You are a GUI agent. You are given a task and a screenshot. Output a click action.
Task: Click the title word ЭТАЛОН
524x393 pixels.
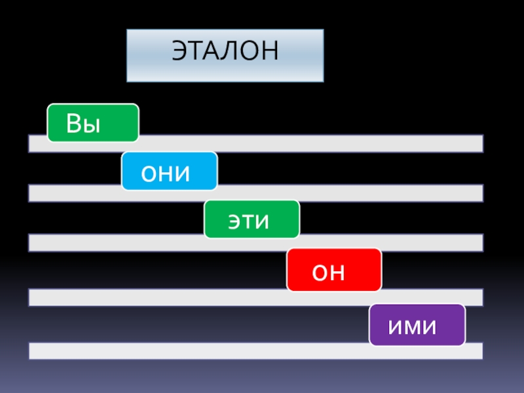click(x=225, y=52)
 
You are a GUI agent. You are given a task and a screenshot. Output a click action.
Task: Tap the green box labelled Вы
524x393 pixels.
click(x=92, y=122)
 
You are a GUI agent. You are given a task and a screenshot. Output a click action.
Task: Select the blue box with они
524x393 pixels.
click(x=169, y=171)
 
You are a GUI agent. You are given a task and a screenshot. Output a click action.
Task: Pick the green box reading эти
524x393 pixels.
click(x=252, y=219)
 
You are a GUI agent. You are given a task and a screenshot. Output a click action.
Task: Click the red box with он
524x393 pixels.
click(x=334, y=269)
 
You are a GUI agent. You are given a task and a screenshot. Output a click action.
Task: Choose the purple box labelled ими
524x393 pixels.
click(x=417, y=325)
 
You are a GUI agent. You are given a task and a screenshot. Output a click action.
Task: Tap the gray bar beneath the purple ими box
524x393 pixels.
click(x=255, y=351)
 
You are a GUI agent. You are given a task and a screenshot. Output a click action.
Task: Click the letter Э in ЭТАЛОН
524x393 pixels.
click(x=179, y=52)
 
